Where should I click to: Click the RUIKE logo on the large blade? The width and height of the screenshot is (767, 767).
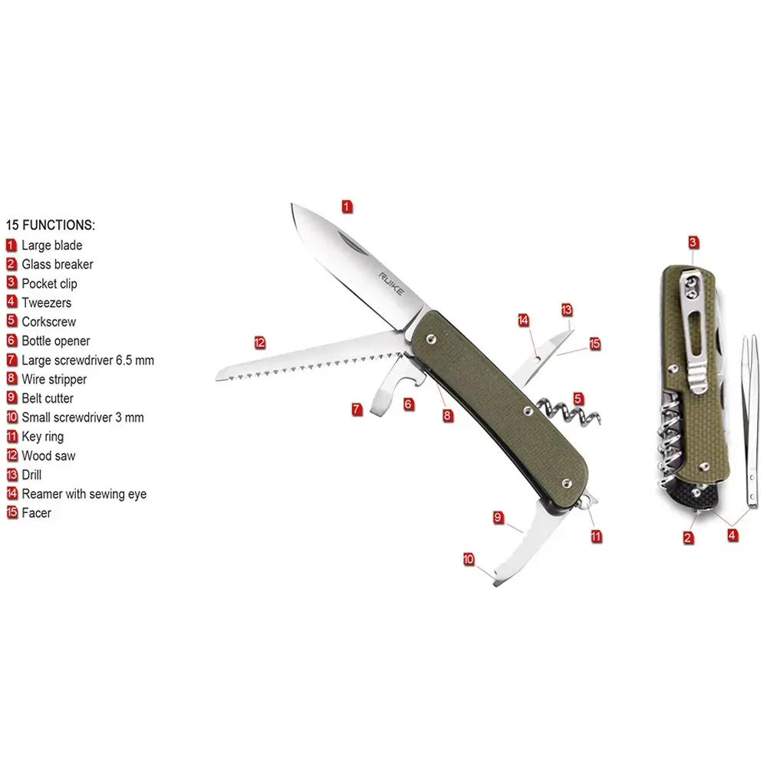tap(391, 285)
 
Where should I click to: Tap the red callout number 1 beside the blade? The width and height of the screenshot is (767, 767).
tap(347, 206)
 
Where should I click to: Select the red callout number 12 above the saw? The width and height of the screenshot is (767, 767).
tap(260, 342)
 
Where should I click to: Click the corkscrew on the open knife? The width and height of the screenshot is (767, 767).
tap(568, 411)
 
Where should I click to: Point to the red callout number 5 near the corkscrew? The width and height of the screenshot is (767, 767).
tap(578, 399)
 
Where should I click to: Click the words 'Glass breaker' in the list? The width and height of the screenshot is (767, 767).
tap(58, 265)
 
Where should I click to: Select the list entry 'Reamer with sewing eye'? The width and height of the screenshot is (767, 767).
tap(84, 494)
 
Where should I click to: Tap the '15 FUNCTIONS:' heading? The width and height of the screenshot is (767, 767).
tap(51, 225)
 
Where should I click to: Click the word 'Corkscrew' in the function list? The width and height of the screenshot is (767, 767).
tap(49, 322)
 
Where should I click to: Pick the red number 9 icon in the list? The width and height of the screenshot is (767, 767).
tap(12, 397)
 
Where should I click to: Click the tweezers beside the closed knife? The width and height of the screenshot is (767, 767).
tap(750, 420)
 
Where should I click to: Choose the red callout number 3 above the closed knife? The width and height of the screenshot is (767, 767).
tap(693, 242)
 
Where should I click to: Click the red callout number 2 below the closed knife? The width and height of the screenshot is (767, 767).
tap(688, 538)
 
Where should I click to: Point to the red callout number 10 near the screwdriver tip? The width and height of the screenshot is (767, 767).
tap(469, 559)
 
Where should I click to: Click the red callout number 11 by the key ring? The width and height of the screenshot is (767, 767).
tap(596, 536)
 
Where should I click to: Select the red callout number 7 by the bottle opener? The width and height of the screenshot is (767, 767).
tap(357, 409)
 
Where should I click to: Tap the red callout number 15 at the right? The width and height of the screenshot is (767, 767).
tap(595, 344)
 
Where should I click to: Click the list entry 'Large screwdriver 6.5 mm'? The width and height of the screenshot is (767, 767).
tap(87, 360)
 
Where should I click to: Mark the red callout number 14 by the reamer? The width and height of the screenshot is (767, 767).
tap(523, 321)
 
